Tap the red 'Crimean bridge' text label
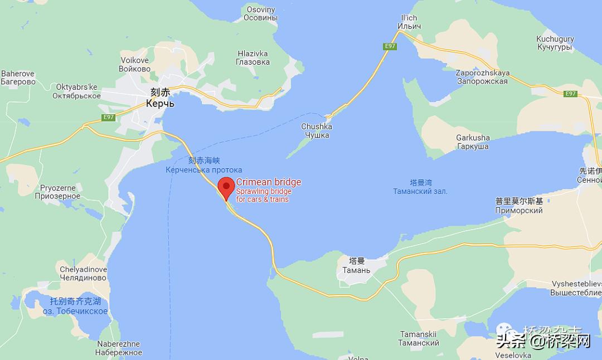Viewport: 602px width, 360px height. pos(268,182)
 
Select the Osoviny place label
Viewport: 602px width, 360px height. pos(261,13)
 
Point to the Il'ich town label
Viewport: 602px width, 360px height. pos(409,22)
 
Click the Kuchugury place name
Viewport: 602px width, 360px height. pos(555,43)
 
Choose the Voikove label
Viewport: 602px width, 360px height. pos(134,65)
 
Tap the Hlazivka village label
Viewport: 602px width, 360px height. pos(253,58)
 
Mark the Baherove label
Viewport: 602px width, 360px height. pos(18,77)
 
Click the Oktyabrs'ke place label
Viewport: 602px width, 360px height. pos(77,91)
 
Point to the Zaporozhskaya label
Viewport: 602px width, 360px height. pos(482,77)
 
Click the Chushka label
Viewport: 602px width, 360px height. pos(316,130)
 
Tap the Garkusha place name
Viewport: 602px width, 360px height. pos(473,142)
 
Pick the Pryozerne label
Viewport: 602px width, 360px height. pos(57,192)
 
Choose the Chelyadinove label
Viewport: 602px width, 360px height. pos(84,274)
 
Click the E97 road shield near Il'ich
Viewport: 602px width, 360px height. pos(389,46)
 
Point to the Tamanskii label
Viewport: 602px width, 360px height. pos(419,338)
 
